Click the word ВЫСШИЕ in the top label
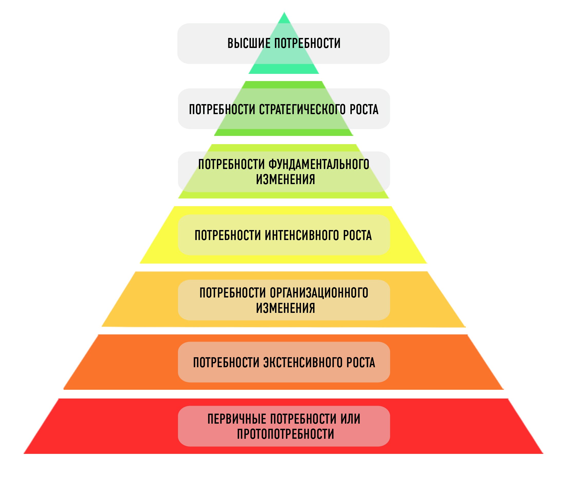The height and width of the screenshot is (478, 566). pos(249,44)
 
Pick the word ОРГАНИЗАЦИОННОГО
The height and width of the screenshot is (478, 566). pos(319,293)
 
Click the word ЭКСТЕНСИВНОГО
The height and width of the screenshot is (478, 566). pos(303,363)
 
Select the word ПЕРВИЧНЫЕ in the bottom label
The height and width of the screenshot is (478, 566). pos(237,419)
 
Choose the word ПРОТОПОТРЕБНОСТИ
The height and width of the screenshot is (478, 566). pos(286,434)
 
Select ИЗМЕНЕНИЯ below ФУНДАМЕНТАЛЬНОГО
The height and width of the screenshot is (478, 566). pos(286,180)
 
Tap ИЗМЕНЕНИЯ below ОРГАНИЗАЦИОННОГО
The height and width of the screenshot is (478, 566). pos(286,308)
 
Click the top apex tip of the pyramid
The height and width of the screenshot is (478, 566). pos(284,13)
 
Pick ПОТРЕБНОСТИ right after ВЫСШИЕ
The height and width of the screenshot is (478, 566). pos(307,44)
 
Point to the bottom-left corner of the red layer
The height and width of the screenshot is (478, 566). pos(24,453)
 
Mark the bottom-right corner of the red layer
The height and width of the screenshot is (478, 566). pos(542,453)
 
